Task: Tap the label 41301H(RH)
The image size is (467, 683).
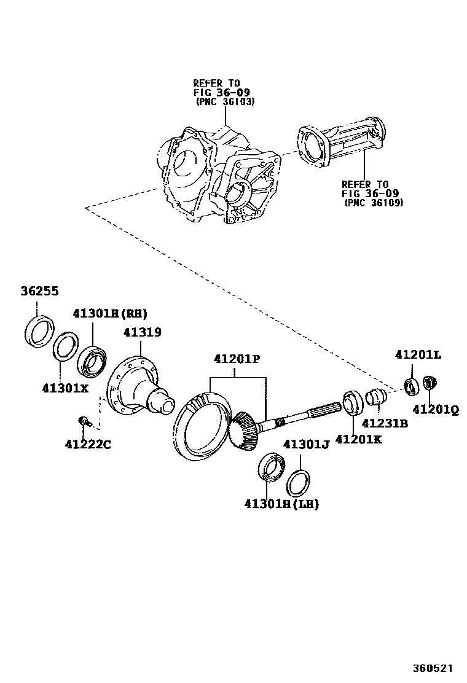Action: point(111,313)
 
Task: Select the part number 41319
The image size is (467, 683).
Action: point(142,332)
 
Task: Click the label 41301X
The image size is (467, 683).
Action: point(66,388)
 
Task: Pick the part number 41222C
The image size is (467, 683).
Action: point(88,444)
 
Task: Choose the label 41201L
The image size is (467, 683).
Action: point(418,354)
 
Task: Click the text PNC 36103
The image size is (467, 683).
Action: point(225,101)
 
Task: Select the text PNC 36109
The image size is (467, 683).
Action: point(374,202)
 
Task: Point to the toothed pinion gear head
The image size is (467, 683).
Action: point(245,430)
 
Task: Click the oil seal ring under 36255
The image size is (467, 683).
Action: point(37,330)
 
